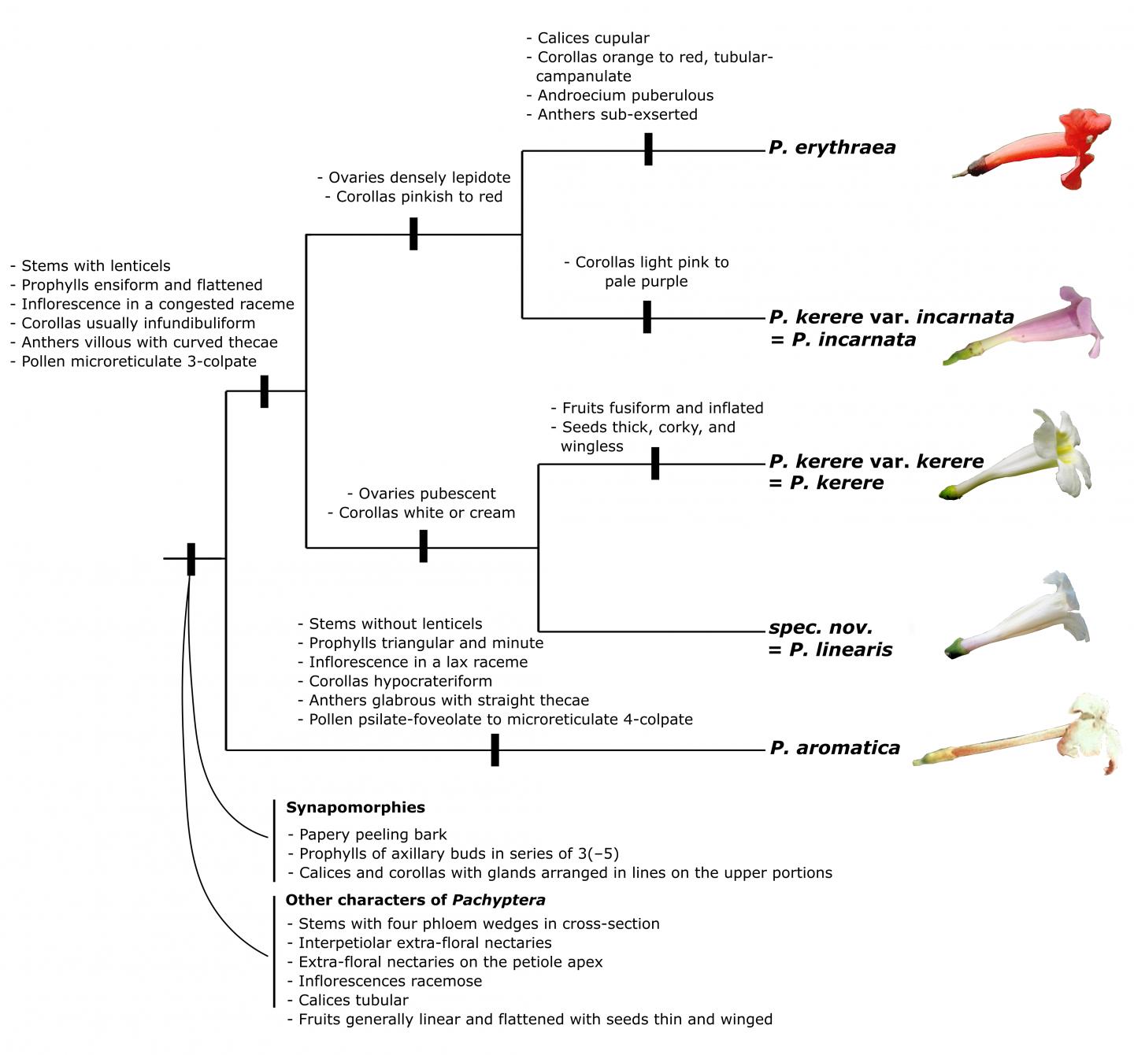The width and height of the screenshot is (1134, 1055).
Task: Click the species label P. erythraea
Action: click(x=832, y=147)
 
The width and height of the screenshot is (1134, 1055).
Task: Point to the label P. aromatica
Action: click(x=835, y=748)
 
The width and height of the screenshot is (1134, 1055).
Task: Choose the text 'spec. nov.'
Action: click(x=821, y=628)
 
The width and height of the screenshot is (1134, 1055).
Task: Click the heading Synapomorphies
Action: click(x=355, y=807)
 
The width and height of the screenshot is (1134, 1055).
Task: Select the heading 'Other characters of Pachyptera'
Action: click(x=415, y=900)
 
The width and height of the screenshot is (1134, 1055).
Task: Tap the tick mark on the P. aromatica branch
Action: click(x=495, y=750)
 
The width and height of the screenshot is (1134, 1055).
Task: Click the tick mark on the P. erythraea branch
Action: click(x=648, y=149)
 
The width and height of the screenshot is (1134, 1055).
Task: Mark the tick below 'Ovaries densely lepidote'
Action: click(x=413, y=234)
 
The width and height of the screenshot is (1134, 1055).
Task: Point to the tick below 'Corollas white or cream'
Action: click(x=423, y=546)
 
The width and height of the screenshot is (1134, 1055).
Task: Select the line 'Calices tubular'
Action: click(x=353, y=1000)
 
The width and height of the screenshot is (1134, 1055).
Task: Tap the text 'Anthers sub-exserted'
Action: click(x=617, y=114)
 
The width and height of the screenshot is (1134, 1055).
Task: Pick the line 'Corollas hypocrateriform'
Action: click(x=400, y=681)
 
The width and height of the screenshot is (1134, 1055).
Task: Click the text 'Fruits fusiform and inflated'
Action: click(x=662, y=408)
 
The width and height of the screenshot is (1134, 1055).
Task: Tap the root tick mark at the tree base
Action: click(x=191, y=559)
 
